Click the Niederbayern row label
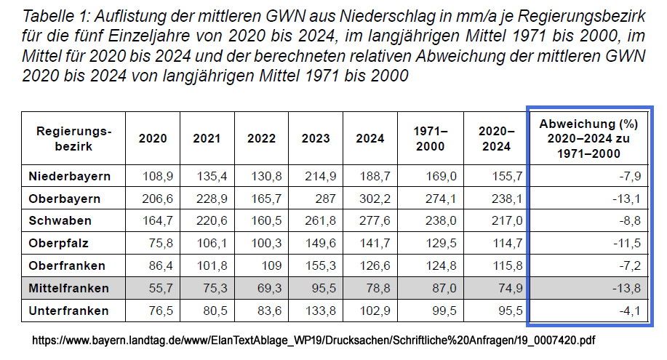(70, 176)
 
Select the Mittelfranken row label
(69, 288)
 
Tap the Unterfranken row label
(68, 311)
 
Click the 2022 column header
(261, 138)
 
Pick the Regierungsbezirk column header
(74, 138)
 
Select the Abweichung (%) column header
(589, 138)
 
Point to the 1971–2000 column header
(431, 138)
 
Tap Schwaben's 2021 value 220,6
(207, 221)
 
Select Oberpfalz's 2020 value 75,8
(155, 244)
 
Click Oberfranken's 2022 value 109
(267, 265)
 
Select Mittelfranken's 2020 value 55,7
(155, 288)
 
